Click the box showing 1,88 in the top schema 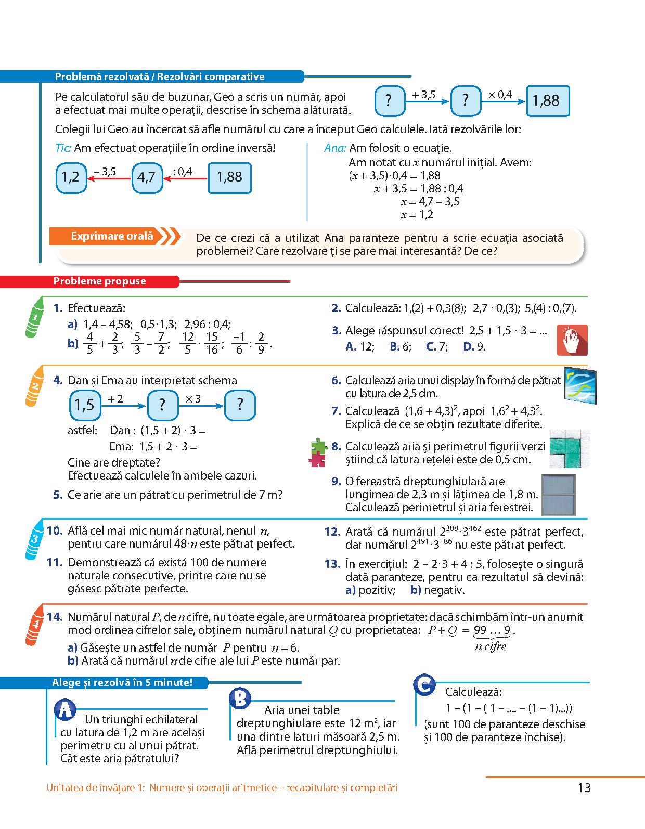(x=548, y=101)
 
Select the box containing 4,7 (x=147, y=178)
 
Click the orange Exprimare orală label (x=112, y=237)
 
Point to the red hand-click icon (x=572, y=340)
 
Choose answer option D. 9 (x=474, y=346)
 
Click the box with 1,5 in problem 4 (x=85, y=405)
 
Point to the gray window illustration (x=559, y=495)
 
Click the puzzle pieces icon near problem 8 (x=317, y=452)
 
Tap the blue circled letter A (x=66, y=710)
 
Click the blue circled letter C (x=425, y=685)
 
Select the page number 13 (x=584, y=788)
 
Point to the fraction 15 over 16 (x=211, y=343)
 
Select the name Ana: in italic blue (x=335, y=148)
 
